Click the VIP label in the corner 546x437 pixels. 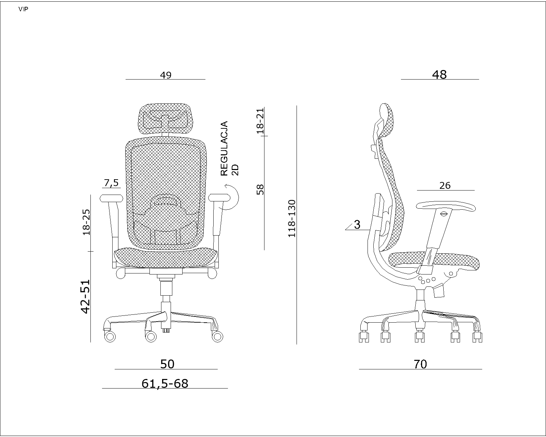[x=23, y=10]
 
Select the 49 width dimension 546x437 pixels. [x=166, y=75]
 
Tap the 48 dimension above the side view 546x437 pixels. [x=439, y=74]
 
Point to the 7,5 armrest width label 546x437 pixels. [x=111, y=183]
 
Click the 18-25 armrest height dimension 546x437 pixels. [x=86, y=222]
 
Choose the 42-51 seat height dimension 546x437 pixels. [x=85, y=296]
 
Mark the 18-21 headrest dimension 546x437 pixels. [x=260, y=121]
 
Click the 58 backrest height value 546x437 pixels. [x=260, y=189]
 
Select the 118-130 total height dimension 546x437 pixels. [x=292, y=218]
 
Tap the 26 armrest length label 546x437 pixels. [x=445, y=185]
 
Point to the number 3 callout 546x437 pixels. [x=357, y=225]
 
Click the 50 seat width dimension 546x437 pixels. [x=167, y=364]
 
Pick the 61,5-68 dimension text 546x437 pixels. [x=165, y=384]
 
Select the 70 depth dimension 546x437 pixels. [x=420, y=364]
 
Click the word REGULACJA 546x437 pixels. [x=224, y=149]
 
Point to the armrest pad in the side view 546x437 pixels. [x=445, y=206]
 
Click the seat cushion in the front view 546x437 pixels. [x=166, y=257]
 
